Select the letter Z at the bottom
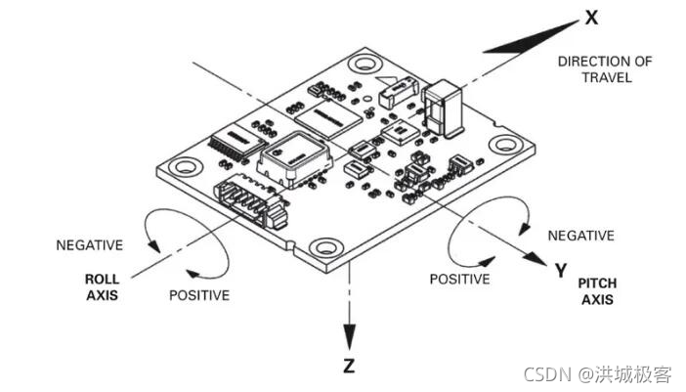350,368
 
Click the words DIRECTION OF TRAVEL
605,69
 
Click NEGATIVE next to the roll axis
89,244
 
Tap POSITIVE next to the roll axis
199,294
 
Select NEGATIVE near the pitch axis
580,236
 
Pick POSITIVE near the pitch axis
459,279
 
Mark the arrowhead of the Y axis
536,260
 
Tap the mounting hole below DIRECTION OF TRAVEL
506,145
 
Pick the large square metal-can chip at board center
290,159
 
